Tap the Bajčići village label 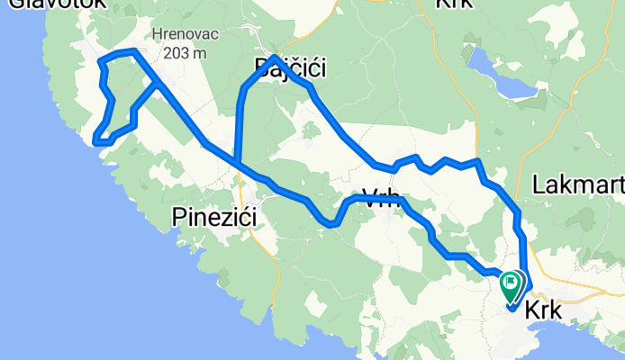point(289,67)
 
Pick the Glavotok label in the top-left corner point(54,4)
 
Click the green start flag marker point(512,286)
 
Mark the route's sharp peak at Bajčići point(274,58)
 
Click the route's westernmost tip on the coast point(95,139)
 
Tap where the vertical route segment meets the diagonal point(236,163)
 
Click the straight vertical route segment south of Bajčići point(238,126)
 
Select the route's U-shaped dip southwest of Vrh point(330,222)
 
